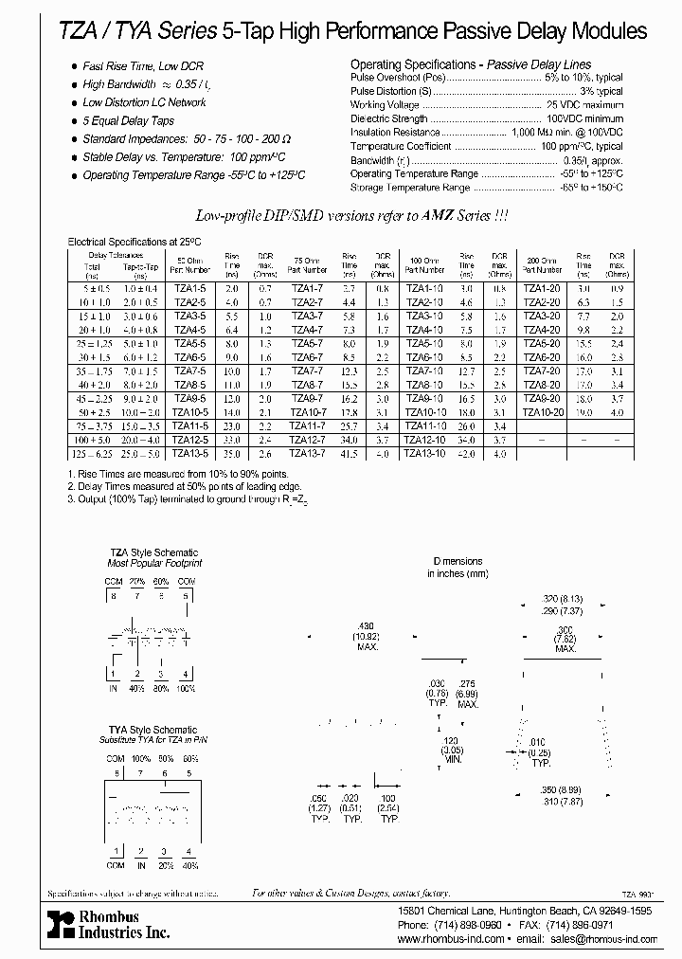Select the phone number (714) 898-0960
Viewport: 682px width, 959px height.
(460, 924)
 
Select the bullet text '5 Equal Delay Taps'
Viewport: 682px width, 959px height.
(128, 120)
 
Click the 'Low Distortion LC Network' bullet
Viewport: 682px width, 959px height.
(144, 102)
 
